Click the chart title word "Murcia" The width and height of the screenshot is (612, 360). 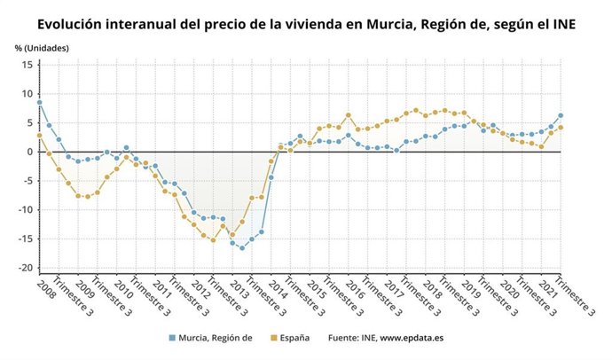coord(373,24)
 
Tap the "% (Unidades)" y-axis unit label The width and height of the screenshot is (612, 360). coord(41,46)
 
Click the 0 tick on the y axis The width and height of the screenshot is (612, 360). coord(28,152)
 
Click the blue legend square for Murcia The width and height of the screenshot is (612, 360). coord(172,338)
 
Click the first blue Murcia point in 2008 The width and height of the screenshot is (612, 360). coord(39,103)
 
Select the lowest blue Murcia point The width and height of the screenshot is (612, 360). coord(241,247)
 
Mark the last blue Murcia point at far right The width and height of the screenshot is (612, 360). coord(561,115)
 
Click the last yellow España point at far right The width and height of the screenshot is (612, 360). coord(561,128)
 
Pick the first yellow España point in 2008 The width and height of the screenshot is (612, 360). coord(39,136)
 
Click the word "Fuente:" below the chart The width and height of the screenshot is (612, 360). coord(346,338)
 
